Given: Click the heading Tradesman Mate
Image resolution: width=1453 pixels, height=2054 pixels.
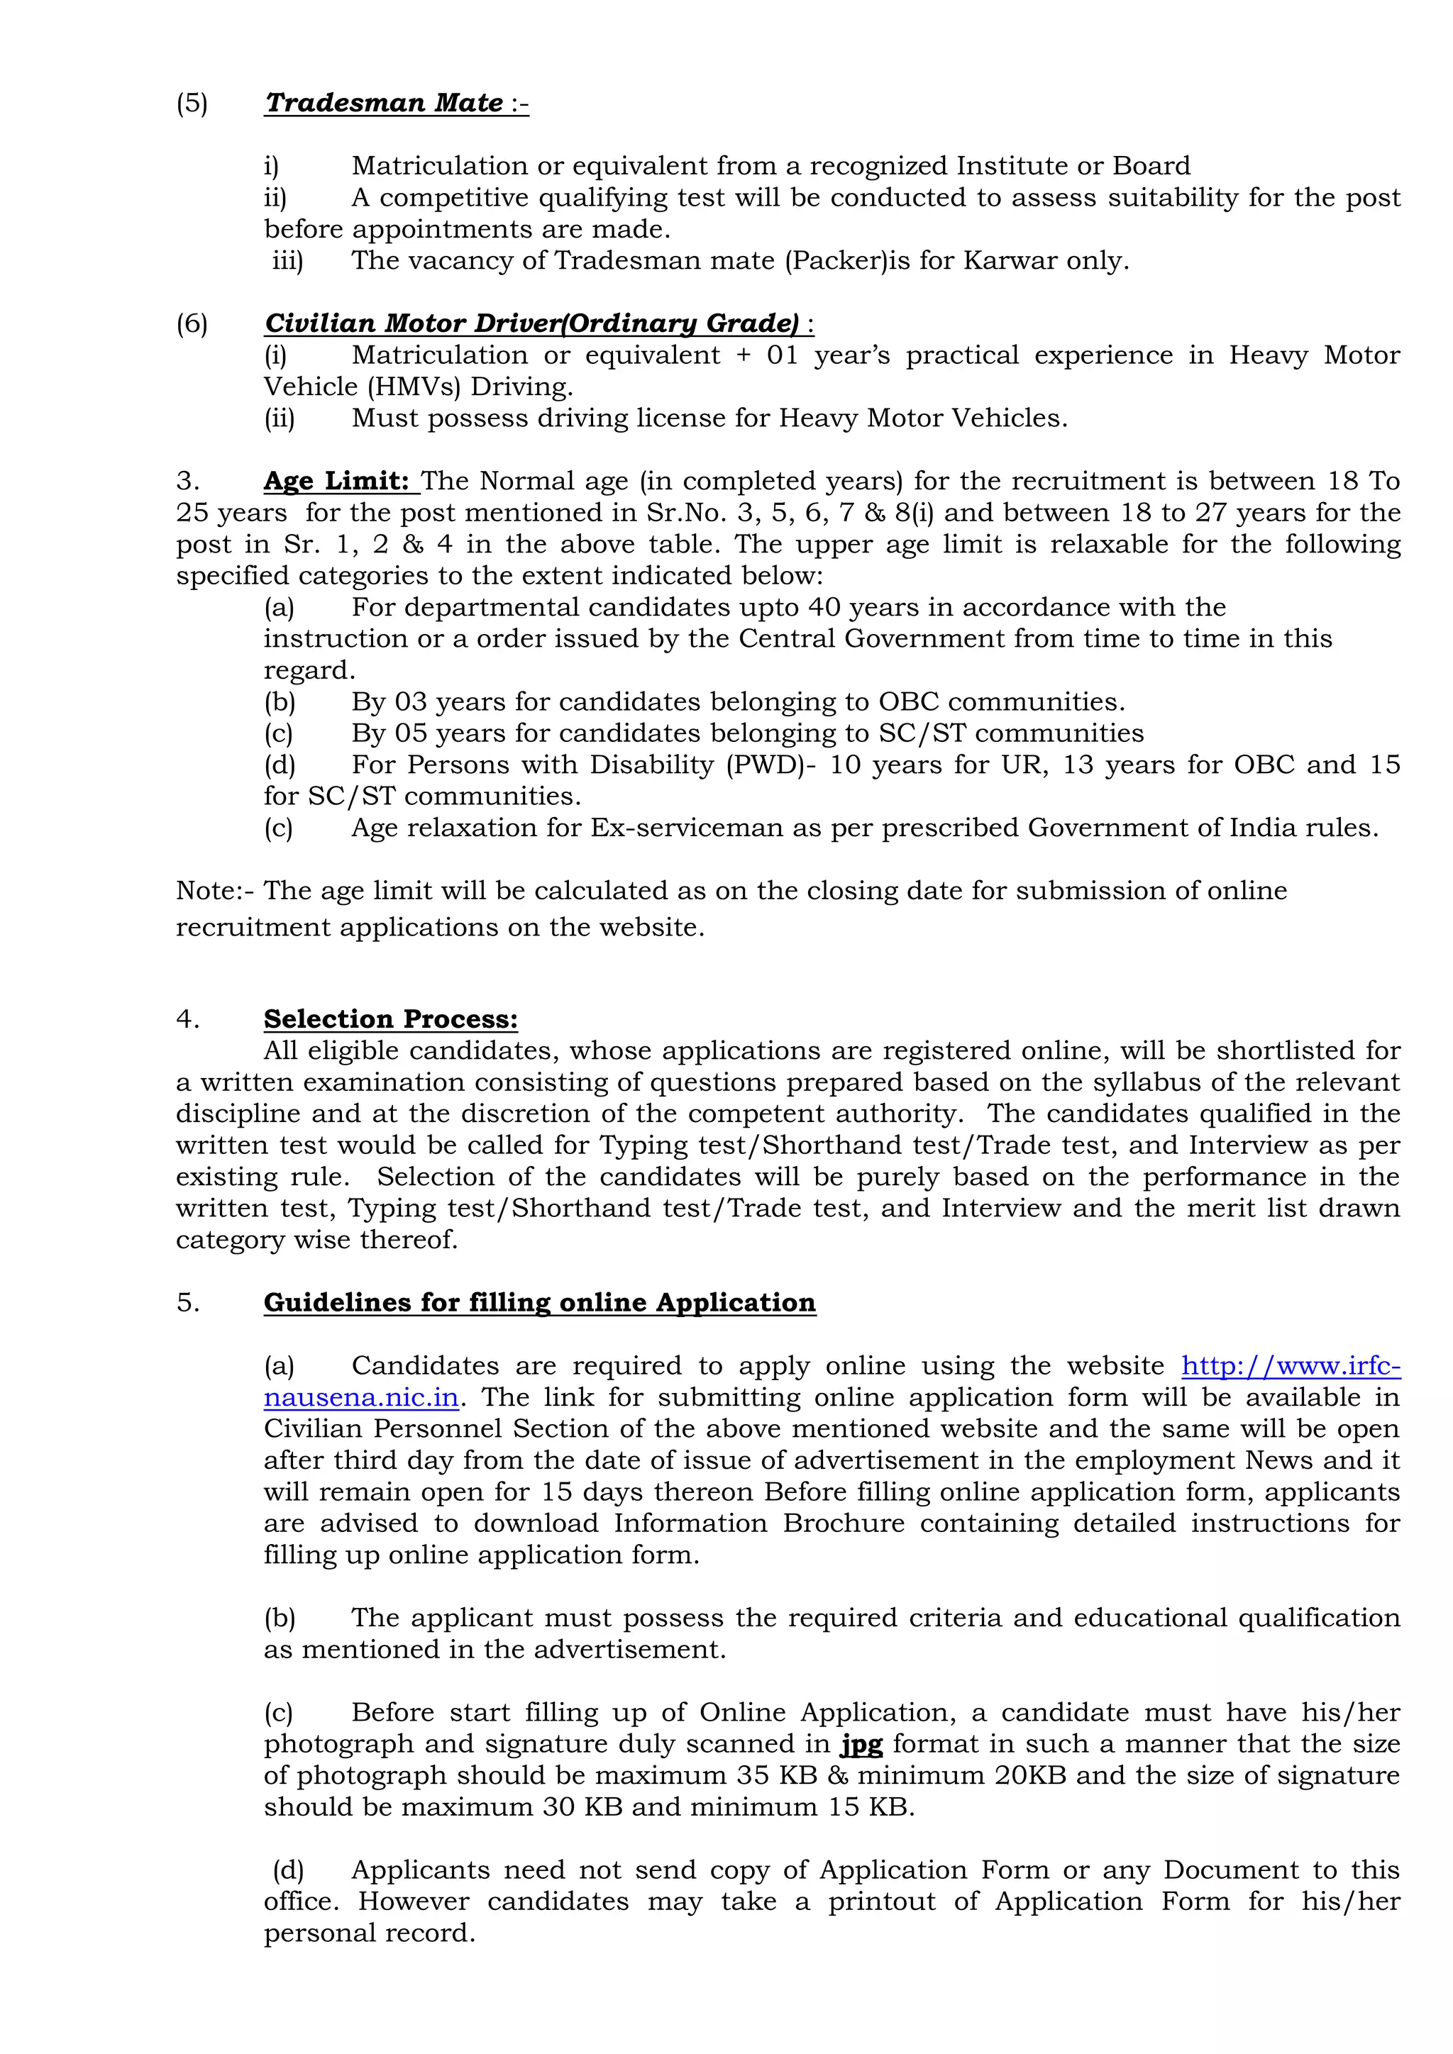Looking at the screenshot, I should click(384, 103).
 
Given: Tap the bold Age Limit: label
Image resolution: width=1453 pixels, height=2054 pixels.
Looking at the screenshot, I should click(336, 482).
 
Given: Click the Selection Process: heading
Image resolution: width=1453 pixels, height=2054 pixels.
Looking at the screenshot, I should click(390, 1019).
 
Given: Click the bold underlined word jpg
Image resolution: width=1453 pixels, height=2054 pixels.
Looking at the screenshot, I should click(861, 1745).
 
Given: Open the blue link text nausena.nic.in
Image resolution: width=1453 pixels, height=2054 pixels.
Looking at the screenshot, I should click(360, 1397).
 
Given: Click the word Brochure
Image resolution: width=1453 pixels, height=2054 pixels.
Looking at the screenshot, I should click(844, 1523).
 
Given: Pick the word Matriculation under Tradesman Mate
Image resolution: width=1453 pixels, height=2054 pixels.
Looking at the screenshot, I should click(439, 167).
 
